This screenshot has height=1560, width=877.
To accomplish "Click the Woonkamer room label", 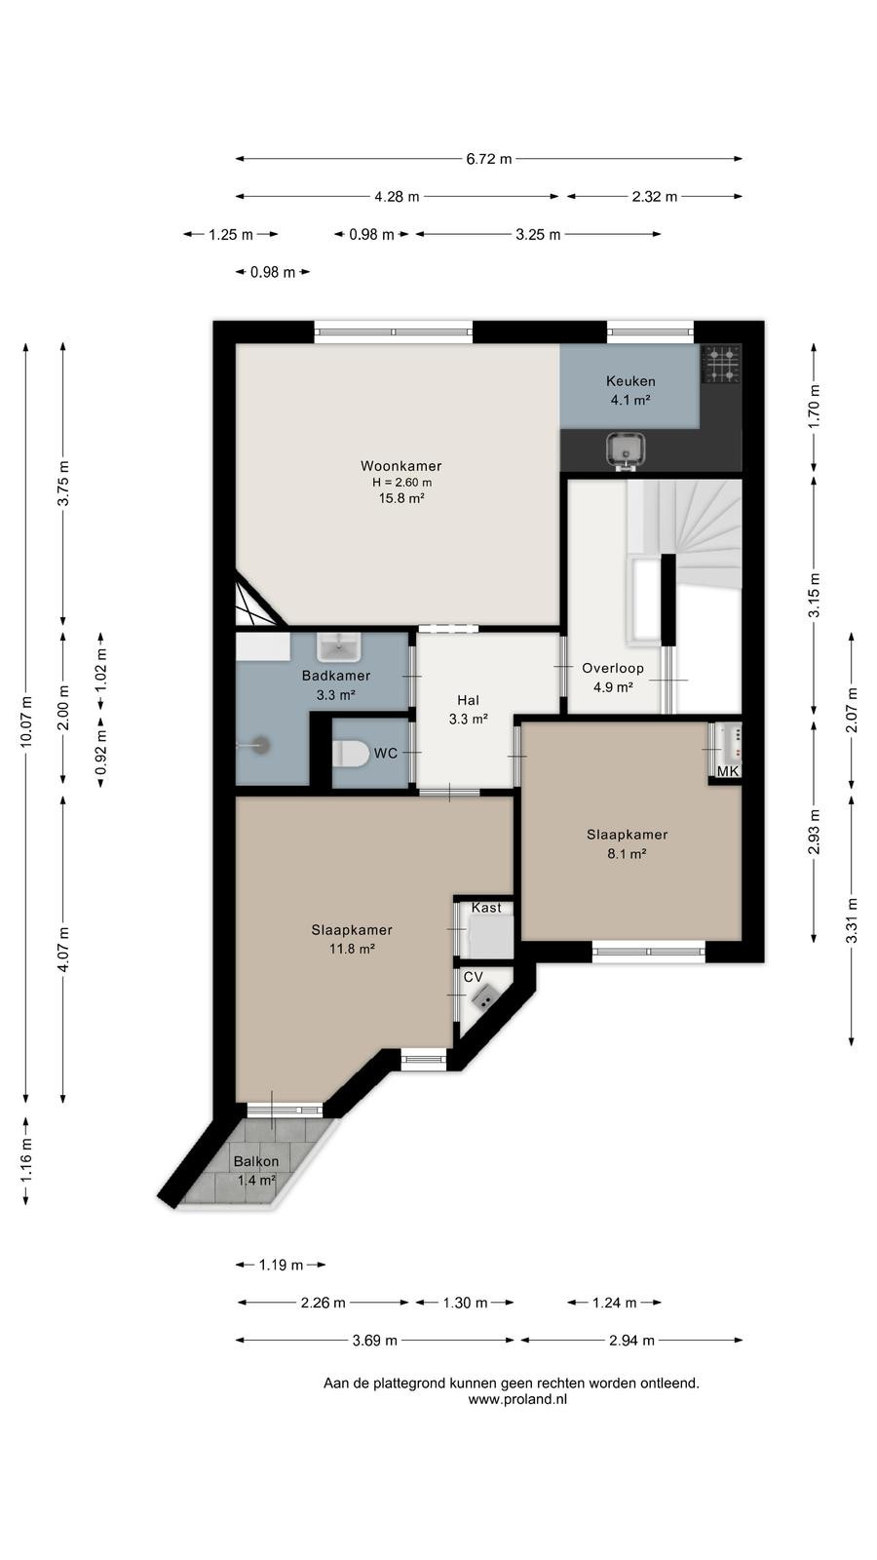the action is [x=400, y=466].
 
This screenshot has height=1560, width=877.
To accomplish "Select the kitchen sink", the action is [x=626, y=449].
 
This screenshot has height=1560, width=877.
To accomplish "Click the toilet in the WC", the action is [x=351, y=754].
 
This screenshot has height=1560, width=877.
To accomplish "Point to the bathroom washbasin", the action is [x=339, y=647].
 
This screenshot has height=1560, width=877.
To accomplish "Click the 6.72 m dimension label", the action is [x=488, y=159].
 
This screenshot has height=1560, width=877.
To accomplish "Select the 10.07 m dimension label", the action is [x=26, y=721].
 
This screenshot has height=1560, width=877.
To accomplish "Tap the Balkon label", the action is [x=256, y=1161].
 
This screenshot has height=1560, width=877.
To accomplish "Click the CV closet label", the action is [x=474, y=977].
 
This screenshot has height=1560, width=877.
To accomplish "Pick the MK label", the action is [x=727, y=771].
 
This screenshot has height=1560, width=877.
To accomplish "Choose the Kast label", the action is [x=486, y=908].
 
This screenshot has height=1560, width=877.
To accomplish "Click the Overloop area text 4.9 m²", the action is [x=613, y=687].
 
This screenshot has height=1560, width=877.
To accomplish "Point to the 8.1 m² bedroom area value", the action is [x=627, y=854].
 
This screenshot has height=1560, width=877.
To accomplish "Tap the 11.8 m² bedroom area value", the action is [x=352, y=949].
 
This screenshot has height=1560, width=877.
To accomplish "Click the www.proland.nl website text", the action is [x=517, y=1399].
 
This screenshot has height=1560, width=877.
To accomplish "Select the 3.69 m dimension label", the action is [x=374, y=1341].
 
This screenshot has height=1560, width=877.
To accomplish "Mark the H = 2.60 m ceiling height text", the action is [x=401, y=482].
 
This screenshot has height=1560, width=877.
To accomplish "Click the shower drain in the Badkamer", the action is [x=261, y=745].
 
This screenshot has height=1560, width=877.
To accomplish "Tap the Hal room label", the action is [x=468, y=700].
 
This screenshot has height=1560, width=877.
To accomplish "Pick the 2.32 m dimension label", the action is [x=654, y=196].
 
